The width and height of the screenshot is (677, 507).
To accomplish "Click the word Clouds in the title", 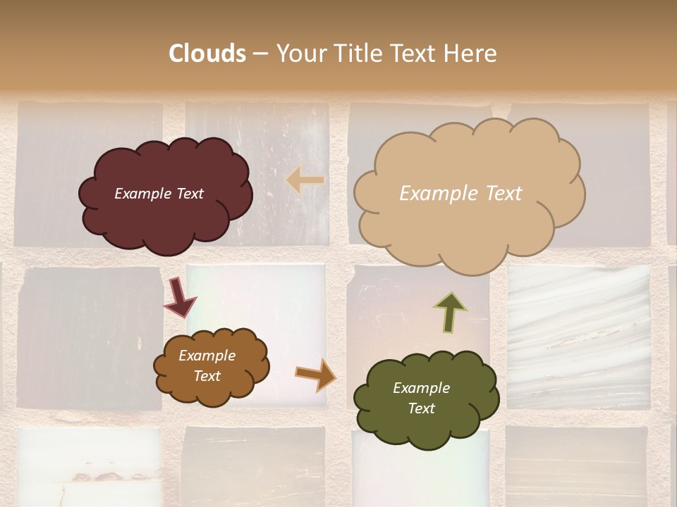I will click(x=207, y=54).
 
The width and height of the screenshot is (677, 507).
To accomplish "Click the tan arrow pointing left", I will click(x=305, y=180).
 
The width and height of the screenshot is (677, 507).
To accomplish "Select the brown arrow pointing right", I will click(x=315, y=375).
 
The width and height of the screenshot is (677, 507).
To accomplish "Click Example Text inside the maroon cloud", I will click(x=159, y=194).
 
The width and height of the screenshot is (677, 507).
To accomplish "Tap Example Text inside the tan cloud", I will click(x=461, y=194).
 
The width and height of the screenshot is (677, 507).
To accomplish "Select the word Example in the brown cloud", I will click(x=207, y=356).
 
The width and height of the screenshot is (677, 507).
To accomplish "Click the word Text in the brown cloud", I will click(x=207, y=376).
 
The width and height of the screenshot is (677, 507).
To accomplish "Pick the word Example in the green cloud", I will click(x=421, y=388).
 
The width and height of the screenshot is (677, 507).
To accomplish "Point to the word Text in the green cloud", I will click(x=421, y=408).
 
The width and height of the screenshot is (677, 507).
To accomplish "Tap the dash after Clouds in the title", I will click(x=260, y=54).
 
